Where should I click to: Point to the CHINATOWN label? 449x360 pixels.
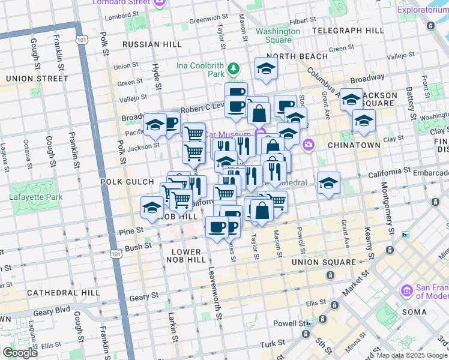coord(354,145)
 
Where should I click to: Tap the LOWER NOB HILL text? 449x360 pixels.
coord(188,256)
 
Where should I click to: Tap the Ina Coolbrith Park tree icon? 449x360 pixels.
coord(234,71)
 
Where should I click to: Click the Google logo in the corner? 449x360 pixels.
coord(19,353)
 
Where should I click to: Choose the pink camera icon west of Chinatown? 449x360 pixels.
coord(309,144)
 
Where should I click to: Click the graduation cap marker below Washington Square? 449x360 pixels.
coord(266,68)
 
